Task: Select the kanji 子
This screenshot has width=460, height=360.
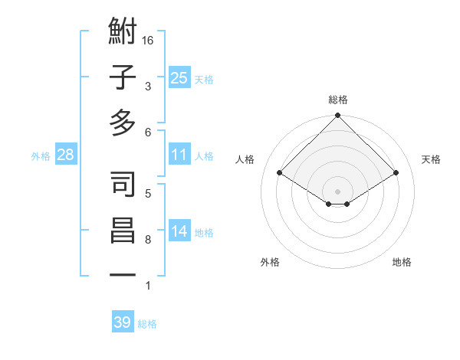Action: [123, 78]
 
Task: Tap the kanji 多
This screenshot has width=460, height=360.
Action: [123, 123]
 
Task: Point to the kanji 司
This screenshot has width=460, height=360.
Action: [123, 185]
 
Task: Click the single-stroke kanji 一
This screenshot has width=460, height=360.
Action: [123, 274]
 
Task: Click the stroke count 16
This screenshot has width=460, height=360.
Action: [148, 40]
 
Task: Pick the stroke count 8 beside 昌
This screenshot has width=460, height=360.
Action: [147, 240]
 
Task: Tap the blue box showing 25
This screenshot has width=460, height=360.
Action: [179, 77]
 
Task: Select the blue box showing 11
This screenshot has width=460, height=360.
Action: [179, 155]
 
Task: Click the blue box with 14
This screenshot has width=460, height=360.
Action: [179, 232]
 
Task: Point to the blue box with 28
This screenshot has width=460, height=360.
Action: [65, 155]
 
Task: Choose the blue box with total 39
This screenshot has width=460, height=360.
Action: [122, 322]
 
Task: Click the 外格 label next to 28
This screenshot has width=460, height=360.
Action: [41, 156]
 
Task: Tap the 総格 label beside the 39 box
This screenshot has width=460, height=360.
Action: [147, 324]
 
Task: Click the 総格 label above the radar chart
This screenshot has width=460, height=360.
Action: [338, 100]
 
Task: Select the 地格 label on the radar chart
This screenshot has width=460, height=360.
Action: [402, 262]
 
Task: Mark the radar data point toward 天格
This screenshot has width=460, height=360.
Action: [396, 173]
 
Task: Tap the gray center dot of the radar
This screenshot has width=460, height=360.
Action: [337, 190]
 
